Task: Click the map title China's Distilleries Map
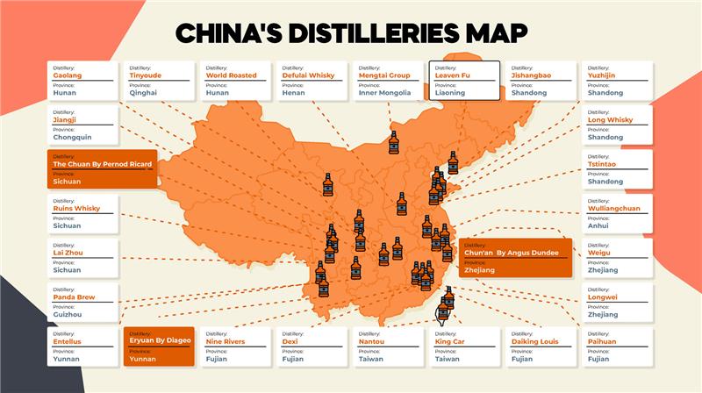[x=351, y=33]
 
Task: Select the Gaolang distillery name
[x=68, y=75]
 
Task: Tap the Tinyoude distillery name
[x=146, y=75]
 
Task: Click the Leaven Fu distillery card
[x=466, y=81]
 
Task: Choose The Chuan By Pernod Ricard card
[x=103, y=169]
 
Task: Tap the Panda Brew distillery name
[x=74, y=297]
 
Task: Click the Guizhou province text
[x=68, y=313]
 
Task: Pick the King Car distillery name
[x=449, y=341]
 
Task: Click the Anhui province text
[x=600, y=225]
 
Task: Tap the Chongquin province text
[x=74, y=137]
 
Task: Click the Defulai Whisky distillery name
[x=307, y=75]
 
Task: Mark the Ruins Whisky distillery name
[x=76, y=209]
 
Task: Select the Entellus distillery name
[x=68, y=341]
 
